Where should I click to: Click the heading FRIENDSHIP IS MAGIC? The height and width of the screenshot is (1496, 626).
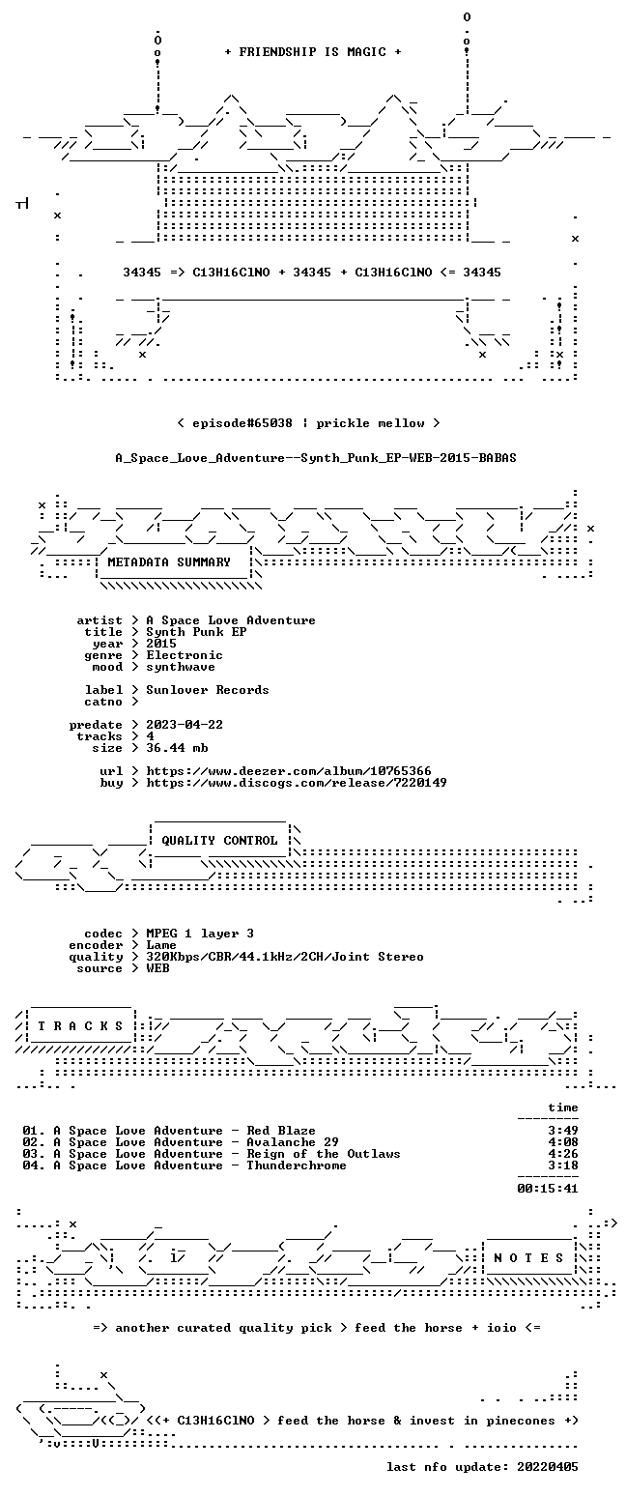point(313,52)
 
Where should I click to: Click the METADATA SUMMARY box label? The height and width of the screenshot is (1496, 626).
point(169,562)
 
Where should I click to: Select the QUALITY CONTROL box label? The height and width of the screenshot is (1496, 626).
point(219,840)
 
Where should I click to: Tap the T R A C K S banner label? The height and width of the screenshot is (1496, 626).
point(81,1025)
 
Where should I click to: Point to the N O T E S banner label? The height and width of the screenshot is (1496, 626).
point(528,1257)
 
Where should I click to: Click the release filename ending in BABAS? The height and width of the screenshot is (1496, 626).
point(316,458)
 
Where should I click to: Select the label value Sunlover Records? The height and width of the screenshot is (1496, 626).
point(208,690)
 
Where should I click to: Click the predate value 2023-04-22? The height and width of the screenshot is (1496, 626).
point(185,725)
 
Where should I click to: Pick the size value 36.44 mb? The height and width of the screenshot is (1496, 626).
point(177,748)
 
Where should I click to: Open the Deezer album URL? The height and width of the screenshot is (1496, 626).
point(289,771)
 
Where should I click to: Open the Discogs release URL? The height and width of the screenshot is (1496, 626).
point(297,783)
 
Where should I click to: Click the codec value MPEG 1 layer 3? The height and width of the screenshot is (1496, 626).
point(200,934)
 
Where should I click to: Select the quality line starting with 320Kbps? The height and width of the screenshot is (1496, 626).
point(285,957)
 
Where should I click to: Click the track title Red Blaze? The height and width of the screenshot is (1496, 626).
point(281,1131)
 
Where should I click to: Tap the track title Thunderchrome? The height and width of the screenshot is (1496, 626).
point(297,1165)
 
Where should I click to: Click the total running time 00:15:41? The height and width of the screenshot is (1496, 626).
point(548,1189)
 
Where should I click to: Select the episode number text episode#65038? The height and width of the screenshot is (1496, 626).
point(242,423)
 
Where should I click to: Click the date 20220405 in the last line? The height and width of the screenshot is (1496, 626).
point(548,1467)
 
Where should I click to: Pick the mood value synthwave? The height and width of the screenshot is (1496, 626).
point(181,667)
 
